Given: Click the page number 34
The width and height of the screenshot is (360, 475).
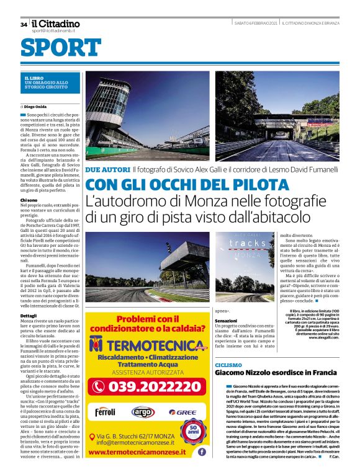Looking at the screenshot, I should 24,25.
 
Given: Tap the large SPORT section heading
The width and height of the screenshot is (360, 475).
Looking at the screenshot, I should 61,48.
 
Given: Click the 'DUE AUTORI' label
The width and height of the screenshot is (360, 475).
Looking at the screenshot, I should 107,169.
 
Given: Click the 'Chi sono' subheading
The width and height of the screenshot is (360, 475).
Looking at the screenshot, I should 29,200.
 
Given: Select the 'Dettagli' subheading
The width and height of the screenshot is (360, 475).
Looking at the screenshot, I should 29,316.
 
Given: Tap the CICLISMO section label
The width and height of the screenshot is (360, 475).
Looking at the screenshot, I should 229,365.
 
